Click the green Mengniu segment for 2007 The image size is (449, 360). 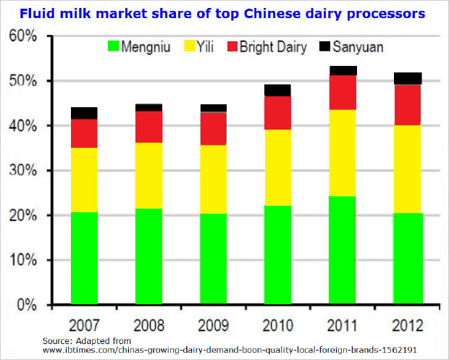click(84, 257)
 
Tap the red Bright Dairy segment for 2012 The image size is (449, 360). click(408, 105)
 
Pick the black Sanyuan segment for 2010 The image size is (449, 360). click(278, 91)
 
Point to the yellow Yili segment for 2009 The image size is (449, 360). click(214, 180)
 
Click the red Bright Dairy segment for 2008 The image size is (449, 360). click(148, 127)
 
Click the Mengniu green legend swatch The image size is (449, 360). click(114, 47)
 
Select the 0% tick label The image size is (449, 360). click(28, 305)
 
